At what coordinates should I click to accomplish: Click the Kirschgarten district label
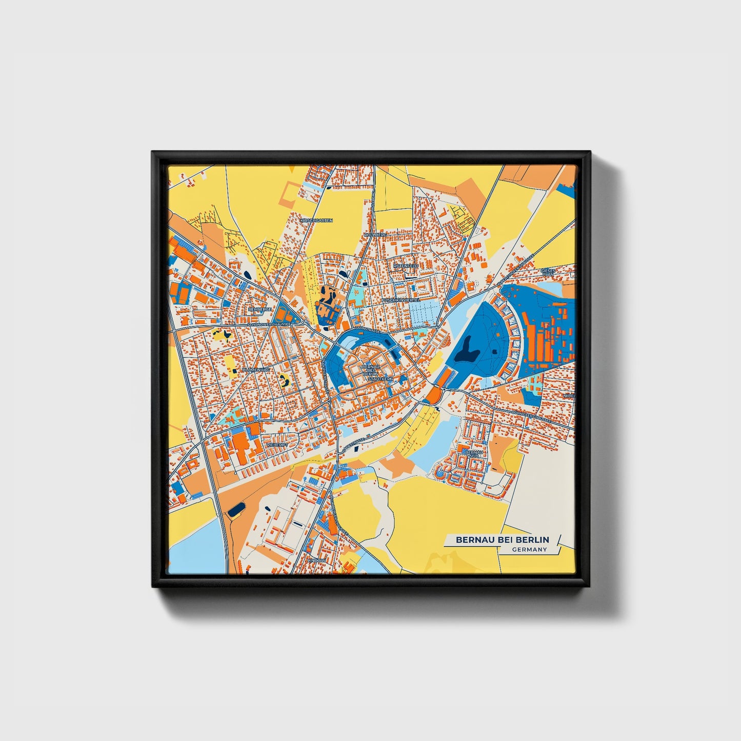[316, 221]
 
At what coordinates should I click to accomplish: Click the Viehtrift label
[276, 445]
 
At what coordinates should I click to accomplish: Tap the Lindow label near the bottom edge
[316, 560]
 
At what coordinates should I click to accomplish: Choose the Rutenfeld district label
[406, 267]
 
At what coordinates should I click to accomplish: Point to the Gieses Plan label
[548, 272]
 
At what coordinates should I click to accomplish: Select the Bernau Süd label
[473, 454]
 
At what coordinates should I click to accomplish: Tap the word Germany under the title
[529, 550]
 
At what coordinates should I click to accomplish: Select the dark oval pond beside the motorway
[236, 510]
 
